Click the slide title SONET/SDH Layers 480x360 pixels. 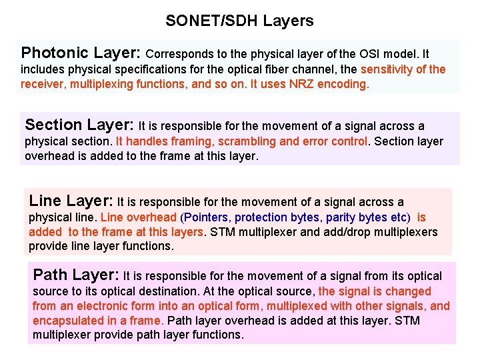239,21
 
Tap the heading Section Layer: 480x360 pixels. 80,125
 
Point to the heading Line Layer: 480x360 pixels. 71,201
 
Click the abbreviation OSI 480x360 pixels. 373,54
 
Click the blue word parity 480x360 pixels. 340,217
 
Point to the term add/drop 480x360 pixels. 339,232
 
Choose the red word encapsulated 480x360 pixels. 67,320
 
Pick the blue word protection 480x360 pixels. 266,217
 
